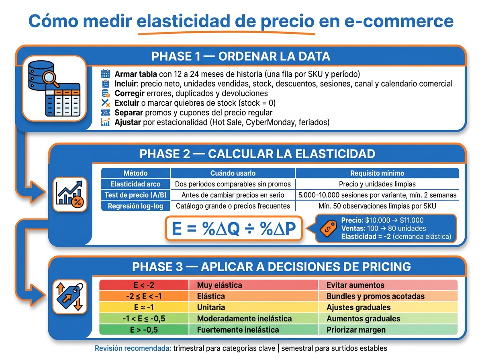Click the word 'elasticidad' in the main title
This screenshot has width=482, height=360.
(x=183, y=21)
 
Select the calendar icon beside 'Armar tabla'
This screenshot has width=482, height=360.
(x=105, y=74)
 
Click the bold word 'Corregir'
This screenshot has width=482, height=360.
(x=129, y=93)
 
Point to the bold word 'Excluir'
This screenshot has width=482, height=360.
(x=127, y=103)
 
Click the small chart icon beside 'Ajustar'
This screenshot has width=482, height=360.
(x=105, y=122)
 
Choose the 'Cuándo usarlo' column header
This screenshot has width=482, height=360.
(x=233, y=173)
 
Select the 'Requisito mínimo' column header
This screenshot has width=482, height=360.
(x=377, y=173)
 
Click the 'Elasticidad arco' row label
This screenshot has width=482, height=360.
(x=135, y=184)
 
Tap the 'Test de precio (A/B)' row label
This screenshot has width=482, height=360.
(x=135, y=195)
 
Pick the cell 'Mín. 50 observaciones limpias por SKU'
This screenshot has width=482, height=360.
(x=377, y=206)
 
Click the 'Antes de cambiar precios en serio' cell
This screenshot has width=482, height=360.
(x=233, y=195)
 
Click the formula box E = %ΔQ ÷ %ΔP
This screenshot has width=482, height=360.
(x=234, y=229)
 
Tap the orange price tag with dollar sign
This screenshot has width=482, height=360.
(x=328, y=229)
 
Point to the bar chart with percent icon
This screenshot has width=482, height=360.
(x=70, y=194)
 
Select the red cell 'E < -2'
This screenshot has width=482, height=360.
(x=144, y=285)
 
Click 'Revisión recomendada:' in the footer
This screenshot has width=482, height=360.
(x=133, y=348)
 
